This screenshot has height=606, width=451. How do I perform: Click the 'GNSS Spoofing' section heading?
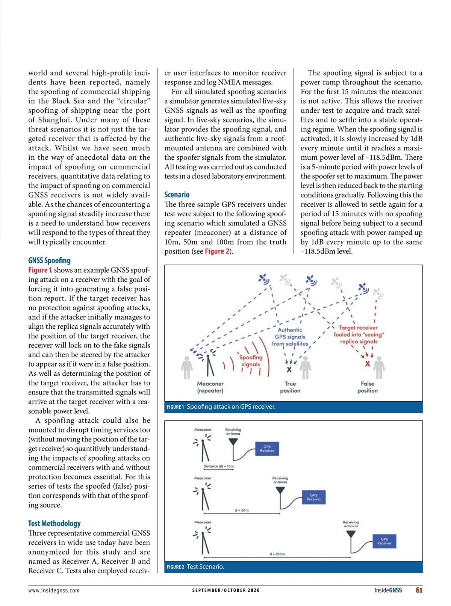pyautogui.click(x=49, y=260)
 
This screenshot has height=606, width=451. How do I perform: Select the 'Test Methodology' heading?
pyautogui.click(x=54, y=523)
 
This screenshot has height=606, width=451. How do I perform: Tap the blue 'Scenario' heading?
pyautogui.click(x=177, y=195)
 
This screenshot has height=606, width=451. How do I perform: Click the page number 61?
pyautogui.click(x=419, y=590)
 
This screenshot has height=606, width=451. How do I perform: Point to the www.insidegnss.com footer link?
pyautogui.click(x=54, y=590)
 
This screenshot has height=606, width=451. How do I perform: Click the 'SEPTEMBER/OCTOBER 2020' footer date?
pyautogui.click(x=225, y=590)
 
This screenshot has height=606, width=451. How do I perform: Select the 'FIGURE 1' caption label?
pyautogui.click(x=175, y=407)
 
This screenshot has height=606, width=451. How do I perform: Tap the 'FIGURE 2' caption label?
pyautogui.click(x=175, y=567)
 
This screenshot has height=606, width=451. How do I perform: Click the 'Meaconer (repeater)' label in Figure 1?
pyautogui.click(x=210, y=387)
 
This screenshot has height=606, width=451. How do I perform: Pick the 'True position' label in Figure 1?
pyautogui.click(x=290, y=387)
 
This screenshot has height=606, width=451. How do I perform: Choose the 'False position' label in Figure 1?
pyautogui.click(x=367, y=387)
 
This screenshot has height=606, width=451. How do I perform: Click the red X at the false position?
pyautogui.click(x=367, y=364)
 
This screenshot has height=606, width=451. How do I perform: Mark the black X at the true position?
pyautogui.click(x=289, y=370)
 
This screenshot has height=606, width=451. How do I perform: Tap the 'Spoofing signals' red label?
pyautogui.click(x=251, y=361)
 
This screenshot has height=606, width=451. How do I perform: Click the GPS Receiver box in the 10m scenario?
pyautogui.click(x=267, y=449)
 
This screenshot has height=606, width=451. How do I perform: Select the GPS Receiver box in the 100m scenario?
pyautogui.click(x=384, y=541)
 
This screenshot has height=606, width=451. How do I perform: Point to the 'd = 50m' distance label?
pyautogui.click(x=242, y=510)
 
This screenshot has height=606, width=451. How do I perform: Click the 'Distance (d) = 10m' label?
pyautogui.click(x=218, y=466)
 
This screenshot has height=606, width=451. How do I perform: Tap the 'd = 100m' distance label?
pyautogui.click(x=277, y=554)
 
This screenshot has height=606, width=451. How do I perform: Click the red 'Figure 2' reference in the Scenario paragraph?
pyautogui.click(x=217, y=251)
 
